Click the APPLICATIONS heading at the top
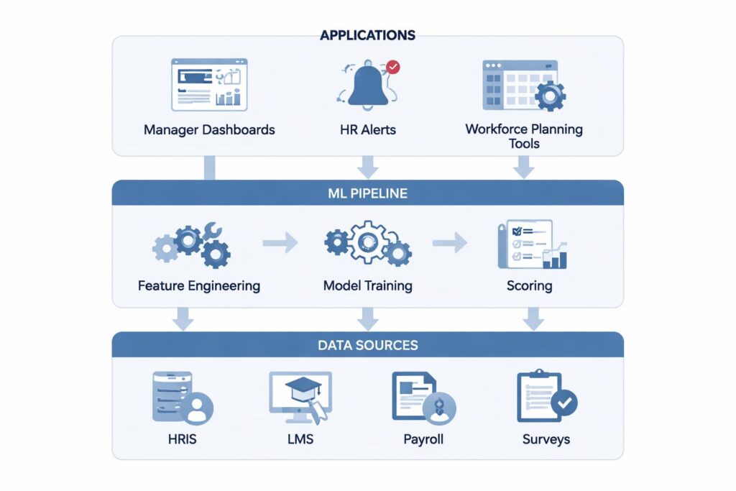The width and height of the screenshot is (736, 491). coord(367,35)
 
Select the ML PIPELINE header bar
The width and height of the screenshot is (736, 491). coord(367,193)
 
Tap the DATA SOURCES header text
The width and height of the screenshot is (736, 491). coord(367,345)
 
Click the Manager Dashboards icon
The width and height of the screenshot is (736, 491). coord(208,85)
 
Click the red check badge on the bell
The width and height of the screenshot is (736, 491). coord(392,68)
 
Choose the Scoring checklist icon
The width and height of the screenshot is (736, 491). coord(532,244)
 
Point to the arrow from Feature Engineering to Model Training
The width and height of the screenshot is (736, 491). coord(280,243)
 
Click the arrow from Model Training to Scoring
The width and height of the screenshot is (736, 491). coord(450,243)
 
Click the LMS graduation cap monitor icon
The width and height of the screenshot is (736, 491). coord(300,397)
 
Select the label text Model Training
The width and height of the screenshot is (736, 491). coord(367,285)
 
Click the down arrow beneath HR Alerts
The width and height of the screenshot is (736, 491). coord(367,167)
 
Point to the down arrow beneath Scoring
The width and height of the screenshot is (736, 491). coord(533,319)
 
